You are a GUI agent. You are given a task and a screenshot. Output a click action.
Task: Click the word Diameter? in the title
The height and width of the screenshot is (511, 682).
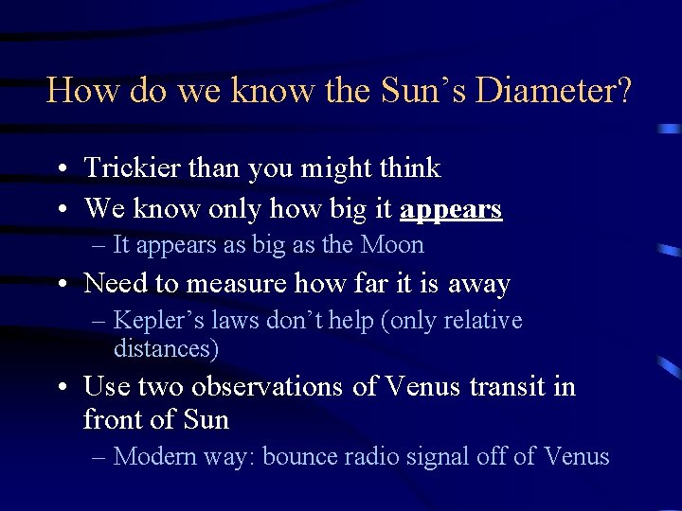point(554,91)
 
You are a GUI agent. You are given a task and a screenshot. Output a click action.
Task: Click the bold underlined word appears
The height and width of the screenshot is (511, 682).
point(450,208)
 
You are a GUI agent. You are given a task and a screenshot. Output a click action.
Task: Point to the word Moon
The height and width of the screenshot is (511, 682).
point(391,245)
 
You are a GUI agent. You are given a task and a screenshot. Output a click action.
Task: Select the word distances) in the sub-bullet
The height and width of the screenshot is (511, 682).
point(166,348)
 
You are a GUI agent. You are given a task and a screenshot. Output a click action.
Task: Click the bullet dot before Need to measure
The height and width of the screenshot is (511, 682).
point(60,285)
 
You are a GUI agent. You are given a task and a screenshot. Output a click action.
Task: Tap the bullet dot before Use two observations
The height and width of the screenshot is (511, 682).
point(60,388)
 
